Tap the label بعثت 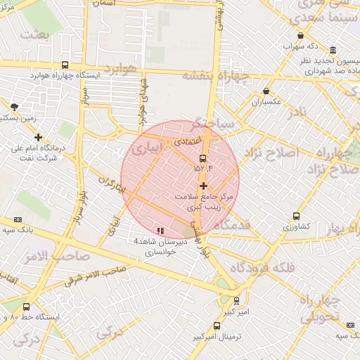tap(35, 34)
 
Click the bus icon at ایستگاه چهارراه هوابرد tap(65, 64)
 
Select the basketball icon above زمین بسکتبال tap(14, 107)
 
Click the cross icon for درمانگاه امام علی tap(38, 138)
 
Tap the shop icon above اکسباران tap(266, 91)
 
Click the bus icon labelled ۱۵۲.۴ tap(203, 158)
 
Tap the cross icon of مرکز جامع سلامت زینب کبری tap(203, 186)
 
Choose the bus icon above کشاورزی tap(296, 217)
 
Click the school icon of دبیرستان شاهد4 tap(160, 231)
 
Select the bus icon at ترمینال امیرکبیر tap(216, 326)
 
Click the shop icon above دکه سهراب tap(301, 36)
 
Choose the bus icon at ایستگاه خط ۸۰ tap(27, 307)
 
